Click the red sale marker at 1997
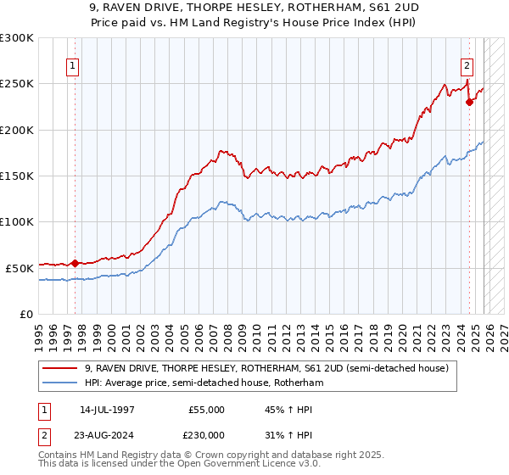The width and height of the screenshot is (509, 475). coord(75,263)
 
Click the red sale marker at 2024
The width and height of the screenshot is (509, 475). coord(469,103)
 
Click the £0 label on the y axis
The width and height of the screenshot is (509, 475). coord(27,314)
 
